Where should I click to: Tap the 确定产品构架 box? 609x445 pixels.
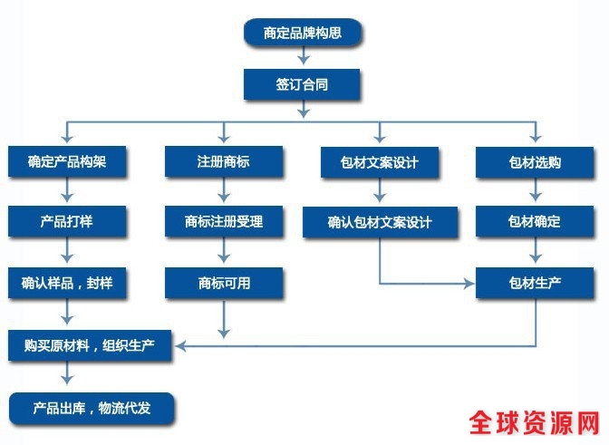click(65, 162)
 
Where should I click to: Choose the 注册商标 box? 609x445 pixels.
click(223, 162)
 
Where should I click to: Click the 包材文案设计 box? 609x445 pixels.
click(381, 163)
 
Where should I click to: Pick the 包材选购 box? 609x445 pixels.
click(536, 163)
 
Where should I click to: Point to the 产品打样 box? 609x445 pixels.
click(65, 222)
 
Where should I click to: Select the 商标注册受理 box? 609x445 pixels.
click(223, 222)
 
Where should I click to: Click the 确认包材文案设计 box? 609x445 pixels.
click(381, 223)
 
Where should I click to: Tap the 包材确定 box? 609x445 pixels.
click(536, 222)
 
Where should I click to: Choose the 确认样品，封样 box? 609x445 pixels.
click(65, 283)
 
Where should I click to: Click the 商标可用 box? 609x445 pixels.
click(223, 283)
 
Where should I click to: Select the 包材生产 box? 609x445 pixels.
click(536, 283)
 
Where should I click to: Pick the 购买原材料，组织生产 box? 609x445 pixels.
click(92, 345)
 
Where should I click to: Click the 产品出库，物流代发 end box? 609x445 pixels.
click(92, 407)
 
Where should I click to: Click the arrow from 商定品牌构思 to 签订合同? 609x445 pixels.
click(303, 59)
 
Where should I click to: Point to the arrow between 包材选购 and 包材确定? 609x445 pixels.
click(536, 192)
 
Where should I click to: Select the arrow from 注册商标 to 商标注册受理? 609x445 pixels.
click(223, 192)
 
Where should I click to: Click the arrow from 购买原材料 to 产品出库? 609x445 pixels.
click(66, 376)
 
